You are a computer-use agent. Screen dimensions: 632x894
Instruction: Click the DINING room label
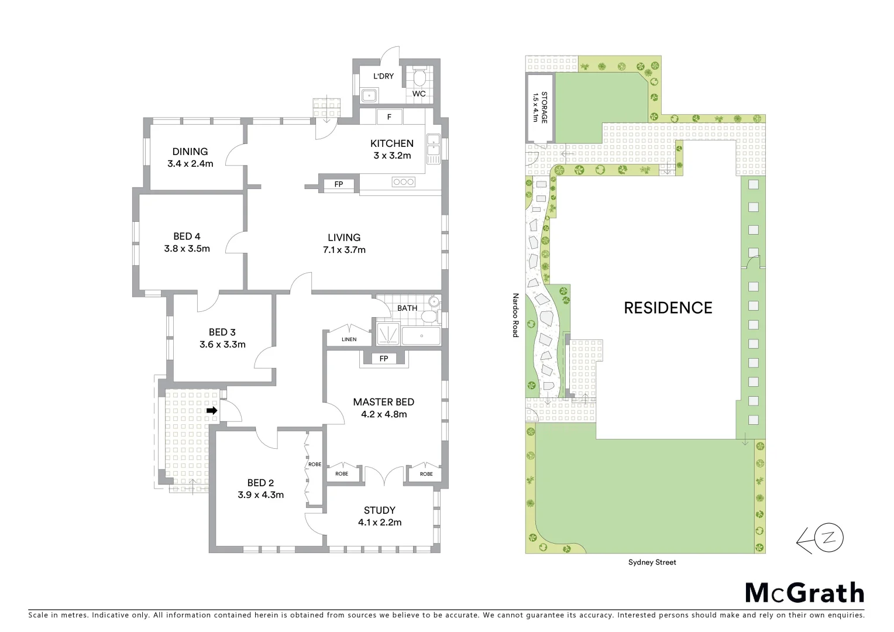[x=190, y=152]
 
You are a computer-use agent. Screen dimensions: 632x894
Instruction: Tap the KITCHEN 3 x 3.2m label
[x=391, y=149]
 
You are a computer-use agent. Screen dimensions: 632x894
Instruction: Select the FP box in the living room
[x=339, y=184]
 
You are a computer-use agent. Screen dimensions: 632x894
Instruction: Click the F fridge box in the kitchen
[x=389, y=117]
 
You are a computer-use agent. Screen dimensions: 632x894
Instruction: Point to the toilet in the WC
[x=419, y=79]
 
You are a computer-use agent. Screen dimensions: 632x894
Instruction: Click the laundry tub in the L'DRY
[x=369, y=96]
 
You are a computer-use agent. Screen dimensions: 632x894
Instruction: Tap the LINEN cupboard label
[x=349, y=339]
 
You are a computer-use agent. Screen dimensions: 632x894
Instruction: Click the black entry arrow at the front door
[x=212, y=411]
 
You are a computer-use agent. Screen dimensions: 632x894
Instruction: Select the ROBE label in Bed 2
[x=315, y=465]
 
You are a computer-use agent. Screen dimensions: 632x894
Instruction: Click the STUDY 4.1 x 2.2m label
[x=379, y=516]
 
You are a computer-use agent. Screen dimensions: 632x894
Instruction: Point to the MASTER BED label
[x=383, y=402]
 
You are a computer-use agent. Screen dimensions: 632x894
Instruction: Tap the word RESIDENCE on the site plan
[x=668, y=308]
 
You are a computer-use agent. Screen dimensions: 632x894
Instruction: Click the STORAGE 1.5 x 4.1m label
[x=540, y=107]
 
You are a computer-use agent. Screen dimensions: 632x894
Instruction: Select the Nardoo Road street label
[x=515, y=315]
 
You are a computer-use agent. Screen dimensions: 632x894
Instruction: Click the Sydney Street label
[x=652, y=562]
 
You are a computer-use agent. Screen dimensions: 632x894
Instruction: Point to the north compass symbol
[x=830, y=538]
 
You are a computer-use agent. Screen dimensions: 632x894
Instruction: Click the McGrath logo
[x=804, y=593]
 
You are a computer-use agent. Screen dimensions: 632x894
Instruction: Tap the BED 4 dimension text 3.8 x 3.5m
[x=187, y=249]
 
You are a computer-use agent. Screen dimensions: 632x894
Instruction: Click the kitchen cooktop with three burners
[x=404, y=183]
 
